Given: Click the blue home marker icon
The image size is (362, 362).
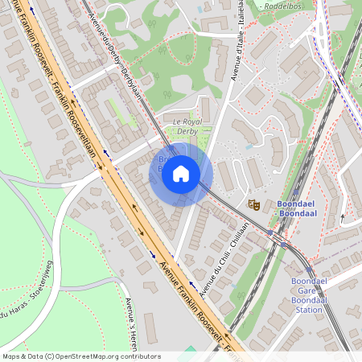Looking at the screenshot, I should pyautogui.click(x=181, y=174).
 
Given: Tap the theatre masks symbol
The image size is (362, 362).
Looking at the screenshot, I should pyautogui.click(x=253, y=205).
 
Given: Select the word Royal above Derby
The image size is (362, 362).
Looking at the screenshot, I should pyautogui.click(x=187, y=122).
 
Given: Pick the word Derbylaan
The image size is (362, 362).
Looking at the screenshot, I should pyautogui.click(x=132, y=82).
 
